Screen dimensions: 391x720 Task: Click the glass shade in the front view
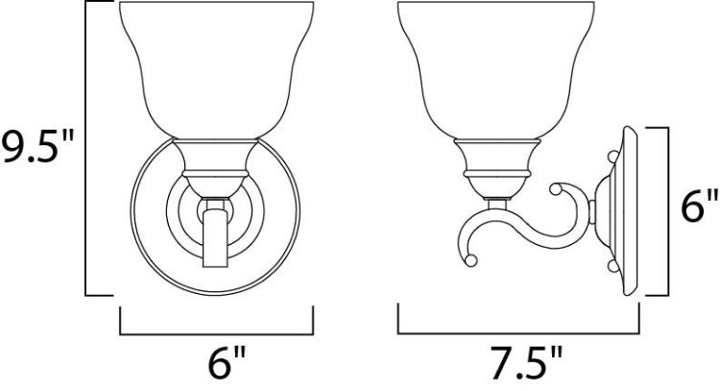click(x=217, y=67)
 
